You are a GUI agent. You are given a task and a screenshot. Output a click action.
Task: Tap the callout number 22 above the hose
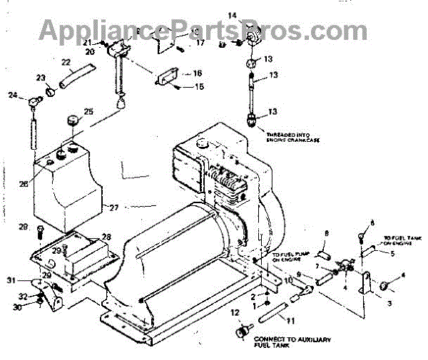coord(66,62)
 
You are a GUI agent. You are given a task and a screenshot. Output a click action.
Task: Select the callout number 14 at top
coord(232,15)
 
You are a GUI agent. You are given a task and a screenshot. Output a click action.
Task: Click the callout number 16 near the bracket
coord(197,73)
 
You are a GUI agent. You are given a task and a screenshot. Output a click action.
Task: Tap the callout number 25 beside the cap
coord(88,111)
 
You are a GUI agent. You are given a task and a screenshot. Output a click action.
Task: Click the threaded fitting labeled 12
coord(241,332)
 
